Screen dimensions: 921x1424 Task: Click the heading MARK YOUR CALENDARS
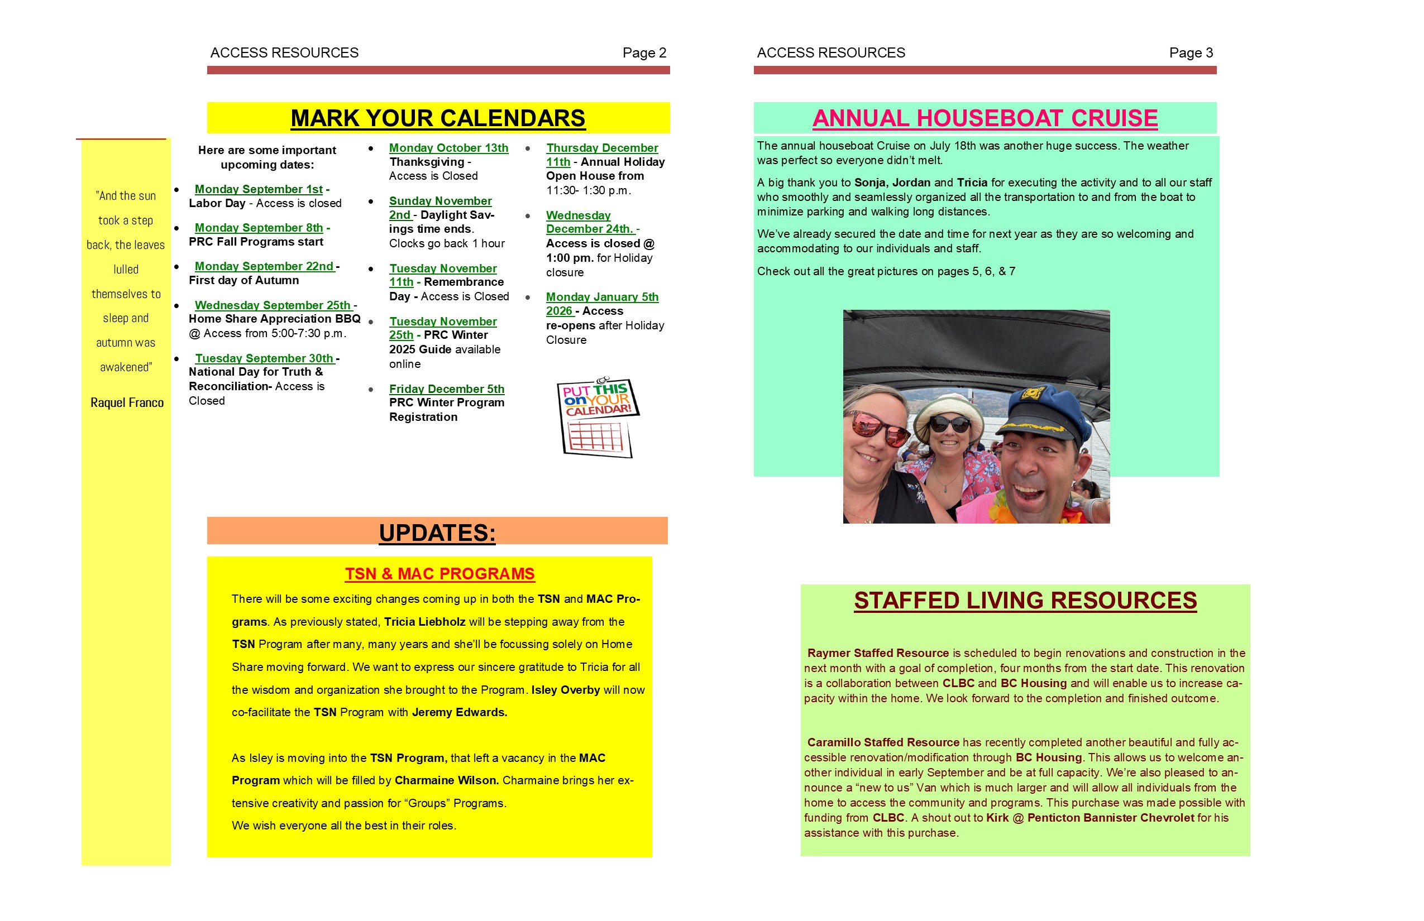click(437, 118)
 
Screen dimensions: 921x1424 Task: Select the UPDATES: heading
click(437, 533)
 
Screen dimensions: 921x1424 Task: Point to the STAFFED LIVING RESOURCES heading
click(1025, 601)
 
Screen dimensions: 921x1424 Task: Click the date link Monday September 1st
click(259, 189)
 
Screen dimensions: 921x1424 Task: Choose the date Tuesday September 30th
click(264, 358)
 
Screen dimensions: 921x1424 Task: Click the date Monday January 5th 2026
click(601, 297)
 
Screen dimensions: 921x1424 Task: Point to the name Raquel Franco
click(127, 402)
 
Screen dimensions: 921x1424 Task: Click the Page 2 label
click(644, 52)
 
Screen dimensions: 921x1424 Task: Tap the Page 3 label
click(1191, 52)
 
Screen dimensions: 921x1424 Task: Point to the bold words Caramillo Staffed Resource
click(882, 742)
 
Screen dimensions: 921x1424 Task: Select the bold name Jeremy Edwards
click(459, 712)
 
